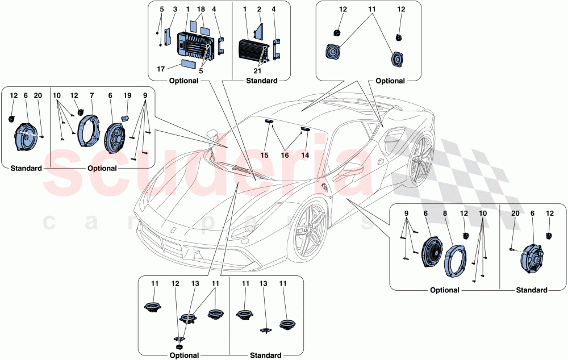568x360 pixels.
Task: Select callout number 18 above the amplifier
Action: point(202,10)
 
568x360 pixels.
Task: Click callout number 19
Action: point(128,97)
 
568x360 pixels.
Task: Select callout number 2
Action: point(258,10)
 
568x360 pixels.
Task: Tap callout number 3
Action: point(175,10)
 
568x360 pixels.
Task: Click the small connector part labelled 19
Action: point(126,119)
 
